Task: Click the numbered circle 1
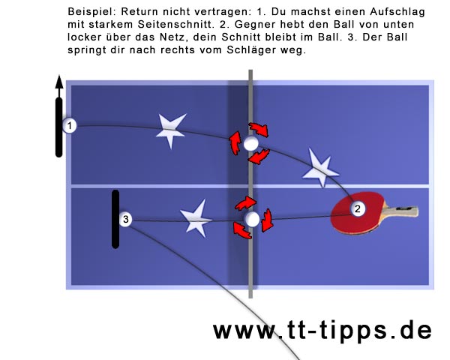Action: (69, 126)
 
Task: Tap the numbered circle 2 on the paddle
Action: (357, 208)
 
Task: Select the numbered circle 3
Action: (125, 219)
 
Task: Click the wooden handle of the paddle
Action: (401, 211)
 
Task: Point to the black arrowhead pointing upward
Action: (59, 82)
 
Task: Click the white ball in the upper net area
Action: (251, 144)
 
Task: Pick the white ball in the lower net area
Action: (252, 220)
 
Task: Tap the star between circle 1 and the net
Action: (171, 130)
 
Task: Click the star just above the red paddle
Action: (321, 169)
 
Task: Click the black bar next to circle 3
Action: (115, 219)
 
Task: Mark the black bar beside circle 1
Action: (58, 127)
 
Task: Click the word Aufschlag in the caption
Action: (397, 12)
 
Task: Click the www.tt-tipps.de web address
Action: (322, 331)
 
